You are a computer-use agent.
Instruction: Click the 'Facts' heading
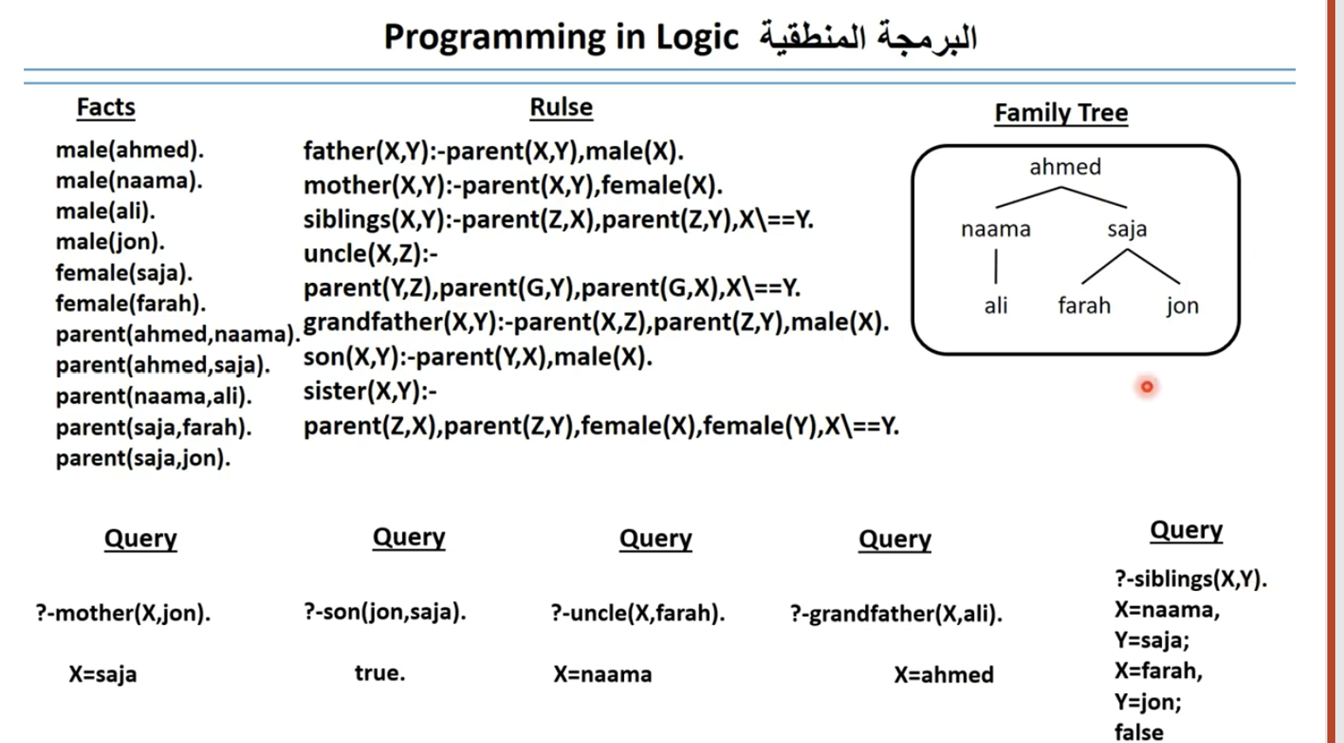105,107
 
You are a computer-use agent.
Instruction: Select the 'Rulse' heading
561,107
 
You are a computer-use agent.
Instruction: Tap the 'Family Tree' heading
1060,112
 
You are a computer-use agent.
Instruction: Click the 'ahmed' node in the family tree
1064,167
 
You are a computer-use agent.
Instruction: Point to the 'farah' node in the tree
1083,306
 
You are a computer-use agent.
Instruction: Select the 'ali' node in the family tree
996,306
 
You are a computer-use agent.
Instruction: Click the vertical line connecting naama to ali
996,266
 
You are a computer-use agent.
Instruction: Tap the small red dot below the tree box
1146,387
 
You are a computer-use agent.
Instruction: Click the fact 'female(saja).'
124,272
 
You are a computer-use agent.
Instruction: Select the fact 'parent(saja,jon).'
143,458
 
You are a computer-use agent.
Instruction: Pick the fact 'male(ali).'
105,211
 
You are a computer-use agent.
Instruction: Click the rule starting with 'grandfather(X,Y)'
596,322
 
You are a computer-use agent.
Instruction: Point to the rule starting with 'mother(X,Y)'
512,185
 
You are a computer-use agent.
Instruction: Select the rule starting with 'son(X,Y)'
478,357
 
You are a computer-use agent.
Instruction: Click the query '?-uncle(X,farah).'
638,613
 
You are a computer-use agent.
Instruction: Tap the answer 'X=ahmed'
943,675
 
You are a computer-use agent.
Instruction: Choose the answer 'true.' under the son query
379,673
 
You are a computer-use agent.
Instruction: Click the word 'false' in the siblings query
1138,732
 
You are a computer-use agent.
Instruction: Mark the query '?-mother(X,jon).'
123,613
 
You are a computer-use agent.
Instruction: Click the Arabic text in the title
867,37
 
